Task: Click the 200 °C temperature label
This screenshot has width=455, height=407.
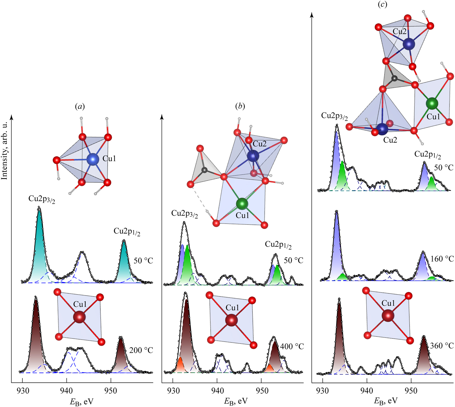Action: pos(141,350)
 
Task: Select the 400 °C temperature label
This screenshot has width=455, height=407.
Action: pos(292,346)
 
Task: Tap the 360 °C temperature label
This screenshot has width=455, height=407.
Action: pos(442,346)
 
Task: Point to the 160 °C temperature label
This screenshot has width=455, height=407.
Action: pos(442,259)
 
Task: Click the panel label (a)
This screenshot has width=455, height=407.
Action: pos(80,106)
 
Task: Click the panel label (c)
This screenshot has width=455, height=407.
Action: pos(382,4)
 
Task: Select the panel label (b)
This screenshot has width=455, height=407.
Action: pos(240,106)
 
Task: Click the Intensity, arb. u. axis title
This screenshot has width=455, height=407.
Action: pos(4,151)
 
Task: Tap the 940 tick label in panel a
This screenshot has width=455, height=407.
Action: pos(67,390)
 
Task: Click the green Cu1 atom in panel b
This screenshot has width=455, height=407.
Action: pos(242,203)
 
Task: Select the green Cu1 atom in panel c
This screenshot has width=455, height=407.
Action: pos(432,103)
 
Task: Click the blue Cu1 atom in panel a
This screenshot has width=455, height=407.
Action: pos(93,159)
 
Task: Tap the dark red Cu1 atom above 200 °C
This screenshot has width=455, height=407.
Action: pos(79,317)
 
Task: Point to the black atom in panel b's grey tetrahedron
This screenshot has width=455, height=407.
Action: pos(204,170)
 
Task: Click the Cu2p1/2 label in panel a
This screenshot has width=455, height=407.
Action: pos(127,232)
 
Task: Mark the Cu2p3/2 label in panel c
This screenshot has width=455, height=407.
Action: pos(334,116)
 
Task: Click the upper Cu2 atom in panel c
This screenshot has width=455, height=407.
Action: pos(409,44)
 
